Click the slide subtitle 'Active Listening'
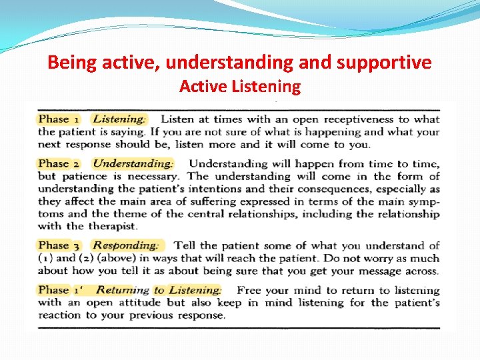coord(240,87)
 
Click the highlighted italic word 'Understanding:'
coord(133,163)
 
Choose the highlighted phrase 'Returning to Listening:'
coord(159,290)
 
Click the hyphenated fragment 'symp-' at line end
coord(423,201)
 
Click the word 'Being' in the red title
coord(69,63)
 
